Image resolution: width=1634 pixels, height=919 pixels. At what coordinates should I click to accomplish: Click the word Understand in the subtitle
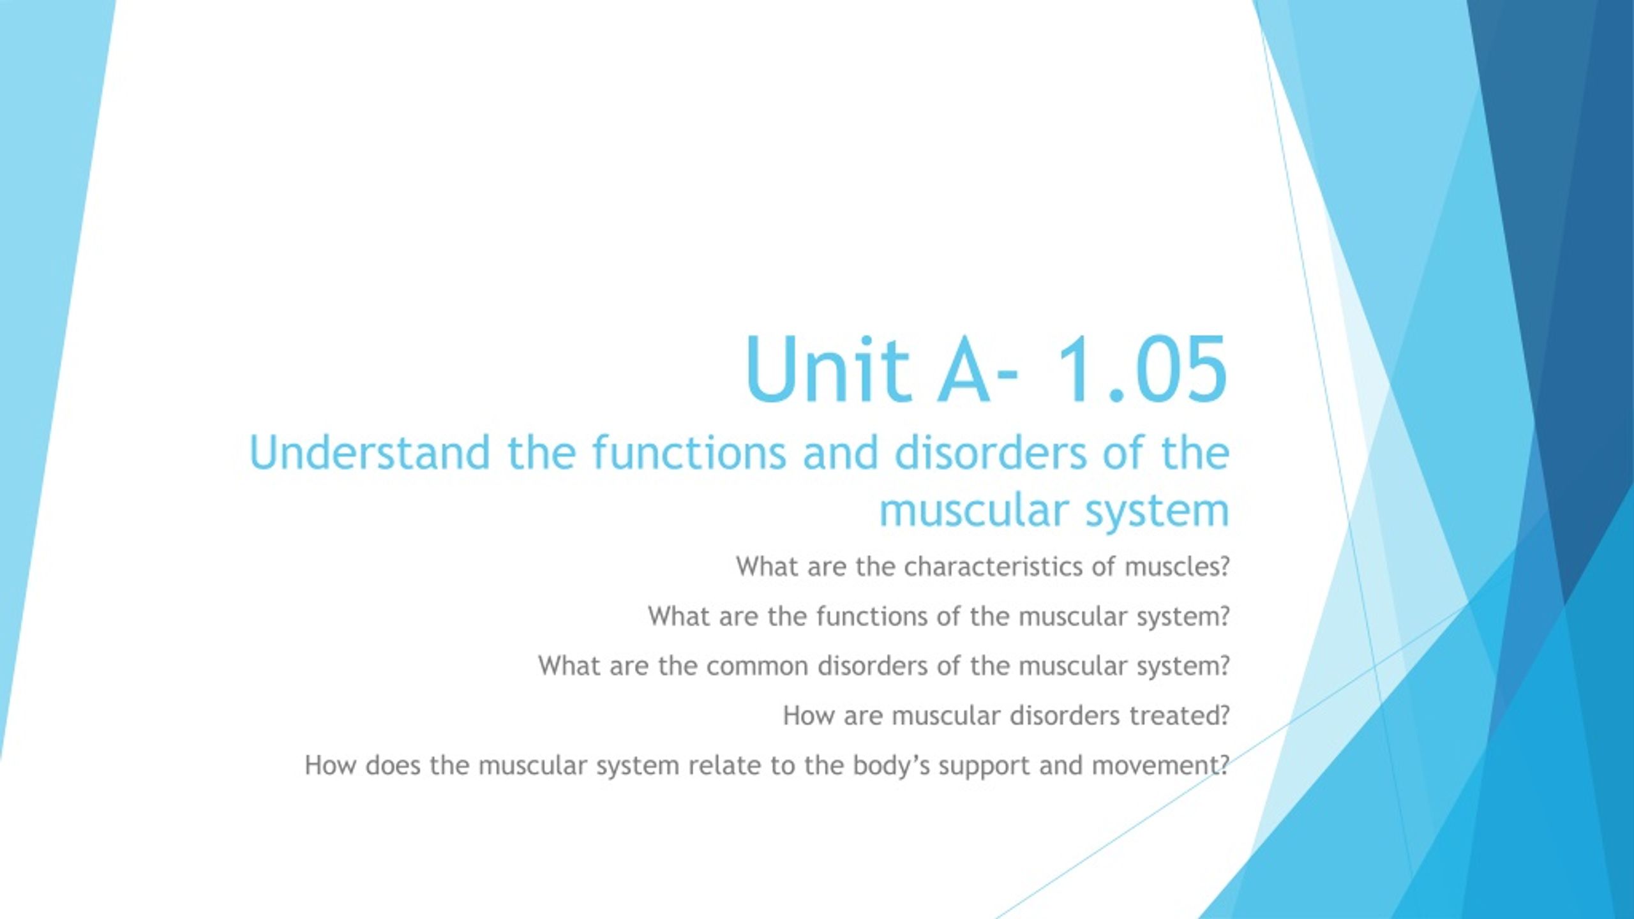(370, 452)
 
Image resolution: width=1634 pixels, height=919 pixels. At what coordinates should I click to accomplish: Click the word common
(757, 666)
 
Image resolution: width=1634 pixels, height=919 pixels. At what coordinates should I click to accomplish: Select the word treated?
(1180, 716)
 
